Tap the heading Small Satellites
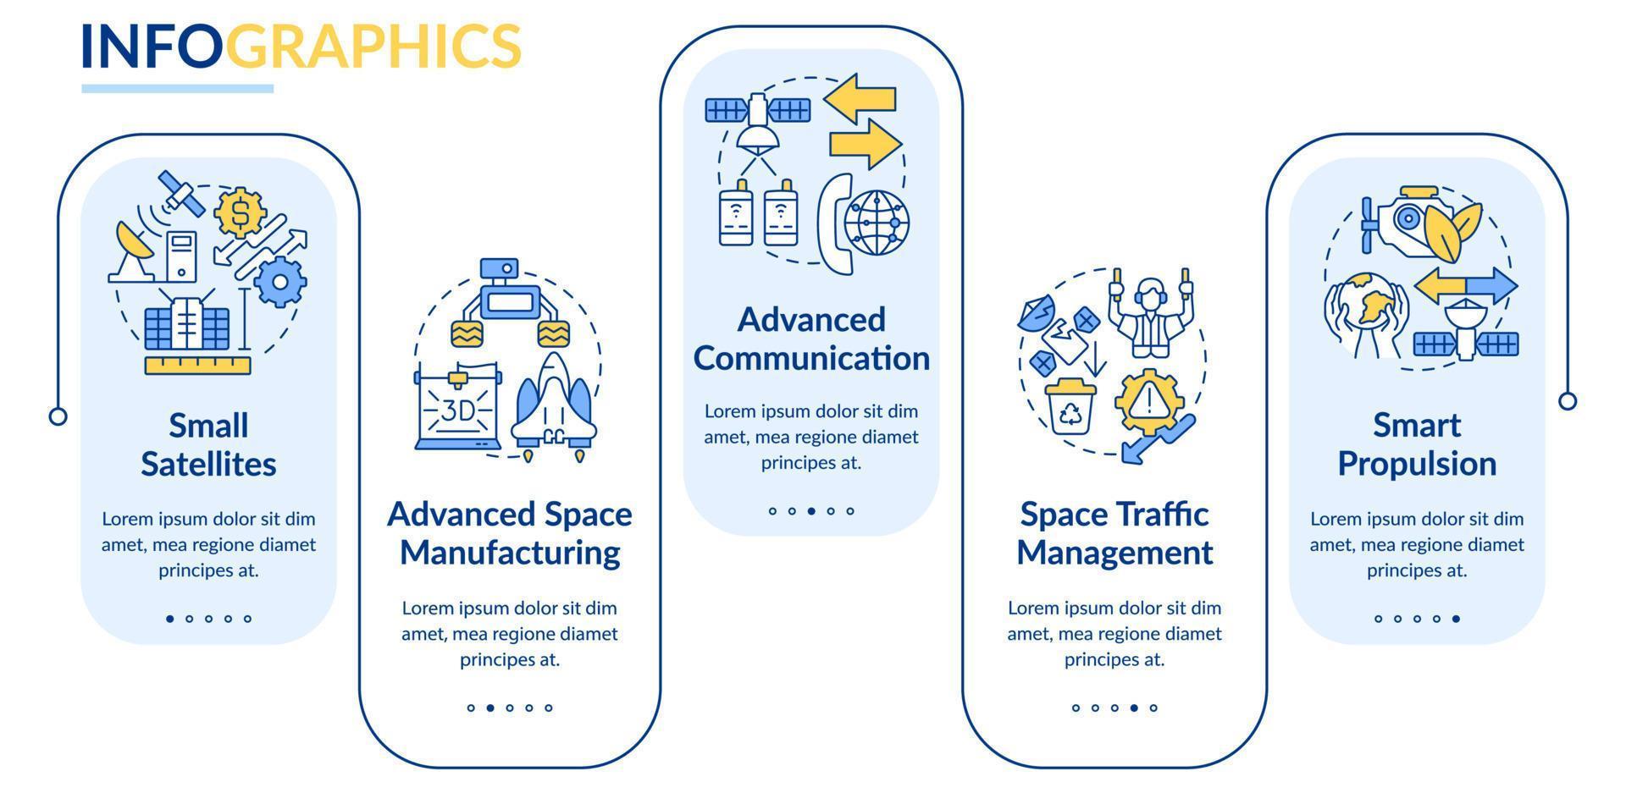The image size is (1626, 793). coord(208,444)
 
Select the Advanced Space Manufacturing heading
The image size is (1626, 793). coord(510,533)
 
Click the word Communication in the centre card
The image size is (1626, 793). coord(811,358)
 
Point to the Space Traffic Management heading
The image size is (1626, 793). coord(1114,533)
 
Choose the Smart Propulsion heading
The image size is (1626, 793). coord(1417,444)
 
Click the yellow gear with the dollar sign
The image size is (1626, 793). coord(241,213)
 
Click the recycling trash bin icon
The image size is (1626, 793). coord(1071,406)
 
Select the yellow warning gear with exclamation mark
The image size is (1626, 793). coord(1149,400)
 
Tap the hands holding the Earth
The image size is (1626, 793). coord(1365,313)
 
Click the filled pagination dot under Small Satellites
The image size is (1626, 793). coord(170,619)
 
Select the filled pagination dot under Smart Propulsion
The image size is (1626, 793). coord(1456,619)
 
